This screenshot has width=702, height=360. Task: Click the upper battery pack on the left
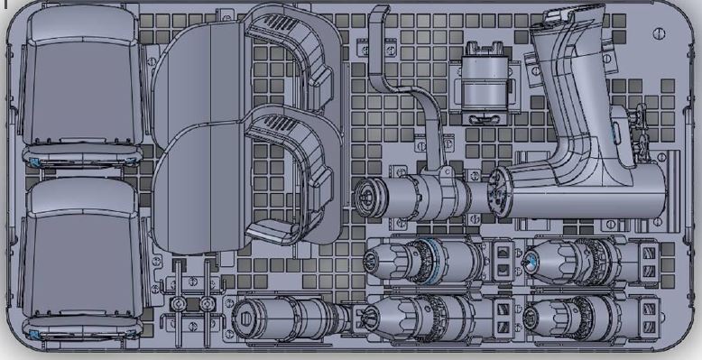coord(83,86)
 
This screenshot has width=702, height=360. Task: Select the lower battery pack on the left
coord(83,257)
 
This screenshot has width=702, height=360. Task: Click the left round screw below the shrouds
coord(180,303)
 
